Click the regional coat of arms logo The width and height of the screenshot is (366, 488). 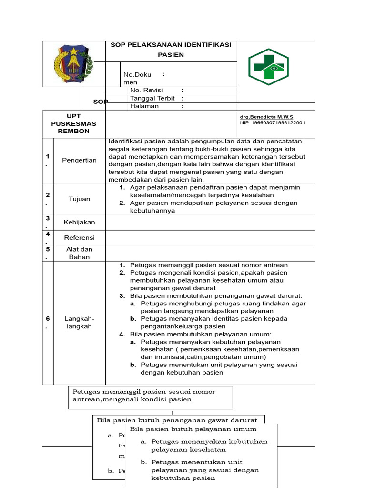[73, 64]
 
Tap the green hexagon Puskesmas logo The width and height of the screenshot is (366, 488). [268, 67]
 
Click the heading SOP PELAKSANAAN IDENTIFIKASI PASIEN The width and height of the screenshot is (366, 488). [171, 50]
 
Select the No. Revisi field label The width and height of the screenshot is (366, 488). [146, 90]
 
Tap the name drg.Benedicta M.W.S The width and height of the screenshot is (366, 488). [266, 117]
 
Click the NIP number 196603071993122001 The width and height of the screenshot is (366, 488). [272, 122]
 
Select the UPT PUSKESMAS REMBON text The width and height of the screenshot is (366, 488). [73, 123]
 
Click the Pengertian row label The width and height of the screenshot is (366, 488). [79, 160]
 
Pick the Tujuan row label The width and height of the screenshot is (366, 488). [79, 199]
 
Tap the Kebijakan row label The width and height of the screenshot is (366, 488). [79, 222]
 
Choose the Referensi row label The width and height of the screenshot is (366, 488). [79, 237]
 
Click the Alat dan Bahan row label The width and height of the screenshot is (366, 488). [79, 253]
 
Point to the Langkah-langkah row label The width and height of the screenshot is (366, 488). [79, 322]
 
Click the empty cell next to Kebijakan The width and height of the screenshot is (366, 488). [210, 223]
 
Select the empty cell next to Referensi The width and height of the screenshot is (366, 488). [210, 238]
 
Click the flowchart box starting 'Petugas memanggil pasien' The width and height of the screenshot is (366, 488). [150, 397]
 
